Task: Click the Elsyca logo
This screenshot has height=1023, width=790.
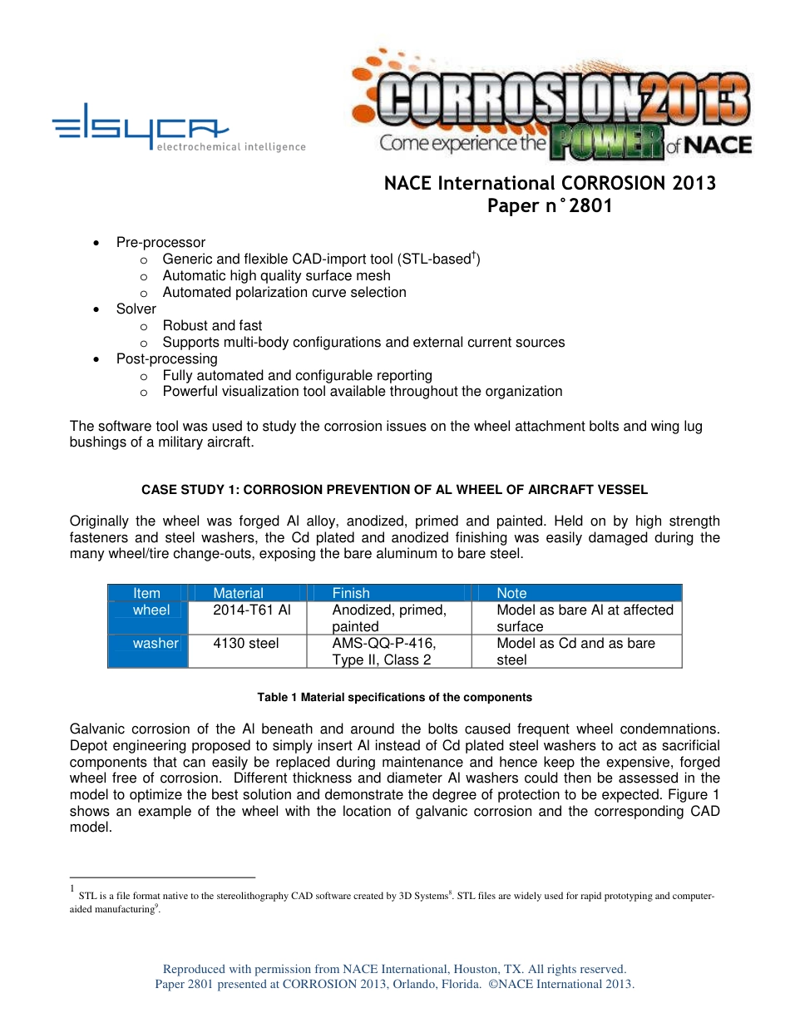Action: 178,133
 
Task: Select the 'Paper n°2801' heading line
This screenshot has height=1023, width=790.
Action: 550,206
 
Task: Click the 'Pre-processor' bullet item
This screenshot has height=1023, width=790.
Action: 160,243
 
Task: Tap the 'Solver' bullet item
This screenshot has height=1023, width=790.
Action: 136,309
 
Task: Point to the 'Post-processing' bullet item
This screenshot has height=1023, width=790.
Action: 166,358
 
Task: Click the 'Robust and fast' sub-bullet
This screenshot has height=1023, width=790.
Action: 212,325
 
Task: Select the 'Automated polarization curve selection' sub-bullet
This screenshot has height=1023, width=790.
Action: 284,292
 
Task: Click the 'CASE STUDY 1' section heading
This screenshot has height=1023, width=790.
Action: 394,490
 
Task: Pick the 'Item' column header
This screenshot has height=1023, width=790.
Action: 147,593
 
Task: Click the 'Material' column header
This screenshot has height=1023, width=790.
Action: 238,593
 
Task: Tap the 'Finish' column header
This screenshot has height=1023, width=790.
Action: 351,593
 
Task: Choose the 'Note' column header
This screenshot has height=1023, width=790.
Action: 511,593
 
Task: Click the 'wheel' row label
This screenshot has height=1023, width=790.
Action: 151,610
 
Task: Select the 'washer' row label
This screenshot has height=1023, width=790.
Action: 156,643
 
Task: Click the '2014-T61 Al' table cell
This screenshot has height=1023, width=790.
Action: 252,610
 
